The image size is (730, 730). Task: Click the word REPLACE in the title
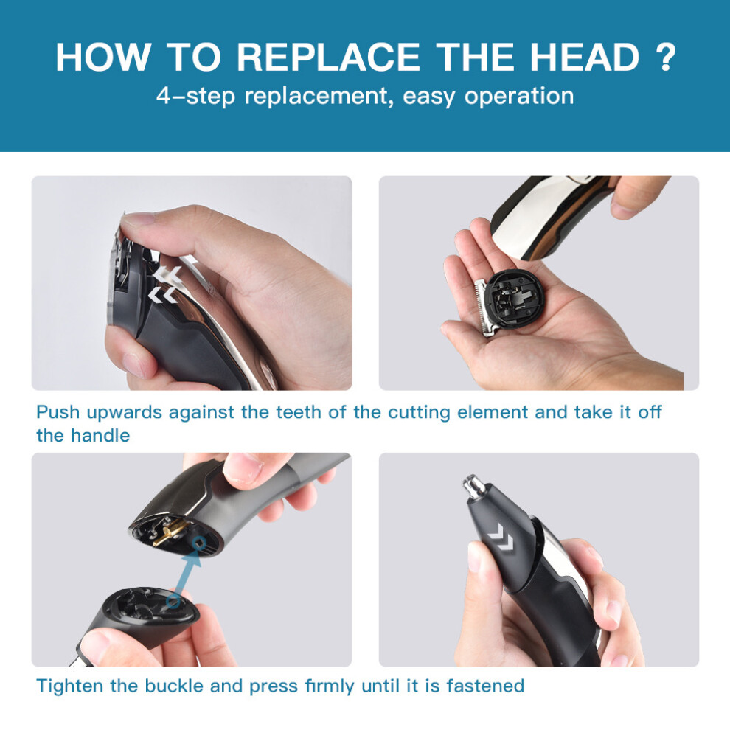(x=328, y=58)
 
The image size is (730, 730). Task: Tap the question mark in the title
(x=667, y=58)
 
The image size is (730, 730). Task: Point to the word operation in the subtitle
(x=519, y=97)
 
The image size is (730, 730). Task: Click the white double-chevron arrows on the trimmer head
(x=164, y=284)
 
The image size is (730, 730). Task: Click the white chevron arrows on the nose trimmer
(x=501, y=536)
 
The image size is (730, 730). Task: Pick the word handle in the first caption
(x=100, y=436)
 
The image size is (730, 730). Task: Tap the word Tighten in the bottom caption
(x=70, y=686)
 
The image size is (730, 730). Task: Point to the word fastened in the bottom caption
(x=485, y=686)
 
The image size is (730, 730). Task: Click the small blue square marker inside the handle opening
(x=200, y=543)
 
